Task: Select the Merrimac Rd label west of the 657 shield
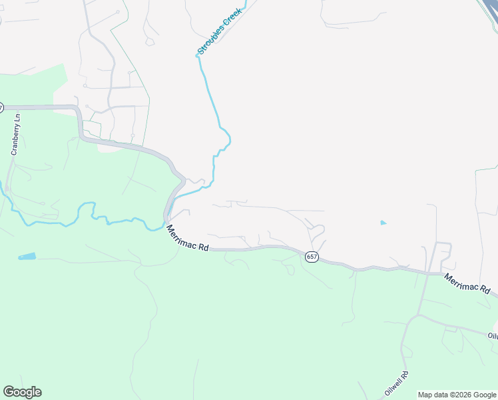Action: point(187,238)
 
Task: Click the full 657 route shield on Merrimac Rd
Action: point(312,257)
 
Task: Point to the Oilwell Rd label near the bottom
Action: point(396,381)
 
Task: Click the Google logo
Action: point(22,392)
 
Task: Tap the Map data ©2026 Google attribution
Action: point(457,395)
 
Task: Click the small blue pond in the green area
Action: point(27,257)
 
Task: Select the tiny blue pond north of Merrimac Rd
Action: point(383,222)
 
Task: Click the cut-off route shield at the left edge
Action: point(1,107)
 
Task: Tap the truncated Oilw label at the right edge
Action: point(492,336)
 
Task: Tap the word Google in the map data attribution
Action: point(483,395)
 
